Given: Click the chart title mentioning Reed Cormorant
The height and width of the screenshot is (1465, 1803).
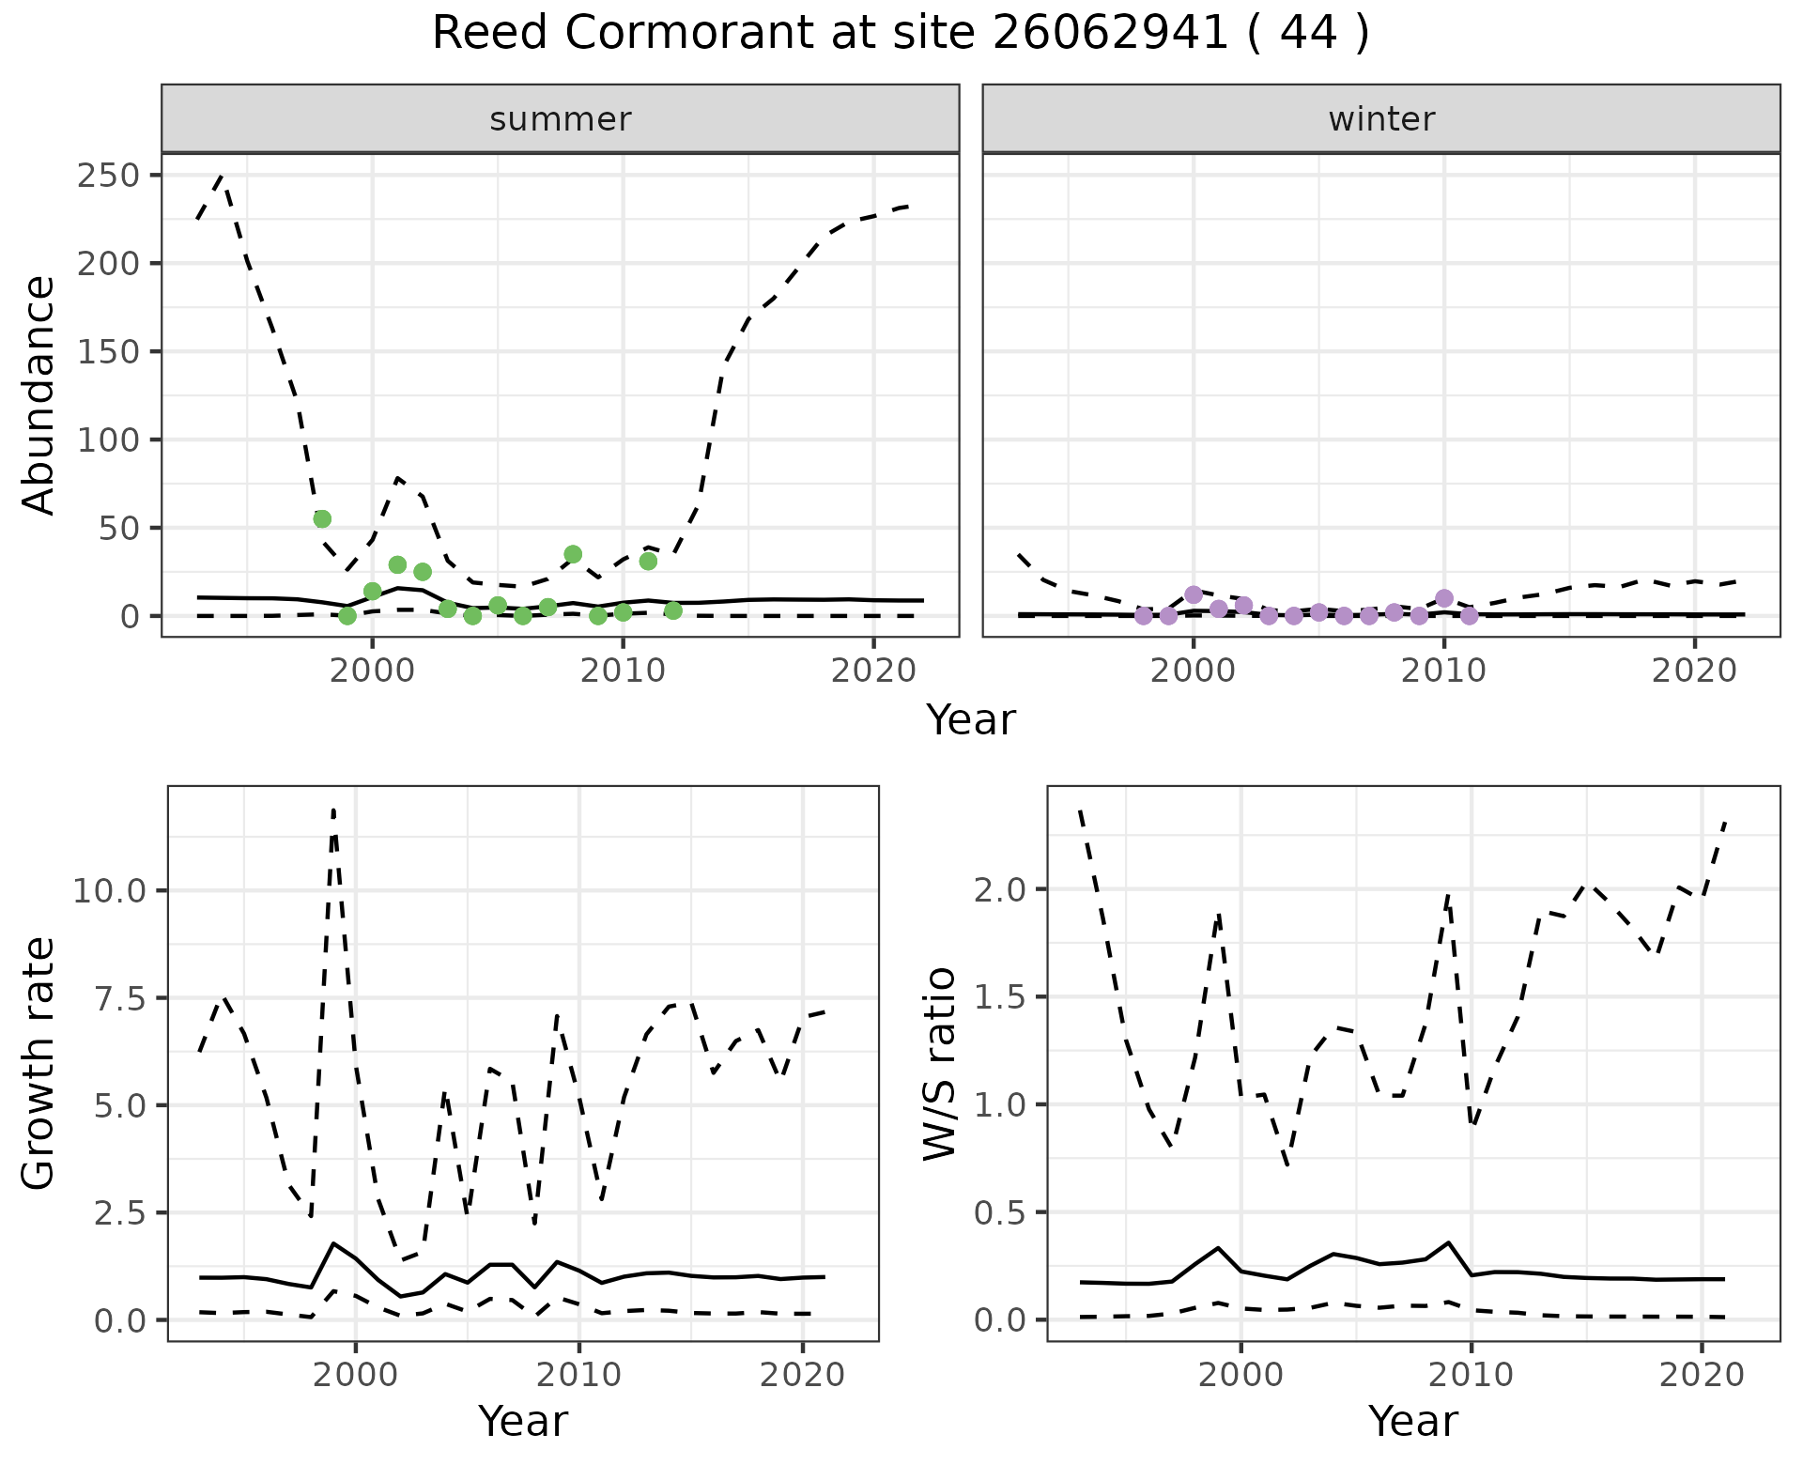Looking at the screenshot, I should pos(900,34).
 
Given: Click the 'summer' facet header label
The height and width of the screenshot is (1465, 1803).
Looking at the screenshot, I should pos(560,119).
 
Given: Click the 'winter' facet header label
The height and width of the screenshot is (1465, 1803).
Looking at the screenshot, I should pos(1380,119).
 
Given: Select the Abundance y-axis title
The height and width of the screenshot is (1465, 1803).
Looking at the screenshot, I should pos(39,394).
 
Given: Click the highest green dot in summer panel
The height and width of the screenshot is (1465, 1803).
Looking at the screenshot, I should pos(322,518).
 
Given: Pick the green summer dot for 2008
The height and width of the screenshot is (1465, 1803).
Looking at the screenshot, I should pos(573,554).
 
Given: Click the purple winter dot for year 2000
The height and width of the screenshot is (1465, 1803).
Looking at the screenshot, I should pos(1194,594).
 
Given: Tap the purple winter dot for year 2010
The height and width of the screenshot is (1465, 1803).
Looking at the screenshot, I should pos(1444,598).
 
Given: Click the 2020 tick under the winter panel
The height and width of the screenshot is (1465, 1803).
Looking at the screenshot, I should pos(1694,672).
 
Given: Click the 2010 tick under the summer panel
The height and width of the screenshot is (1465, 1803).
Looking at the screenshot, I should pos(623,672).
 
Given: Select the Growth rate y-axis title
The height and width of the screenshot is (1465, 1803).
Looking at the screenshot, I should pos(39,1064).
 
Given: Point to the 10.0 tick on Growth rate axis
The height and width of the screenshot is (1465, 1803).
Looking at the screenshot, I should pos(112,890).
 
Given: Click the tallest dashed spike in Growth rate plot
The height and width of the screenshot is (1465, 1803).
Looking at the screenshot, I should pos(333,810).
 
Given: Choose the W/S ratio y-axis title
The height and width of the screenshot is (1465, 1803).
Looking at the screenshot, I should pos(939,1064).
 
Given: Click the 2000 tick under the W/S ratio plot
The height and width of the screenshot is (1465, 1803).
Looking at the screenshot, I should pos(1241,1376).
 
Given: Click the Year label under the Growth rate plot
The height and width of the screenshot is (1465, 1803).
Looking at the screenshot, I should pos(523,1422).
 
